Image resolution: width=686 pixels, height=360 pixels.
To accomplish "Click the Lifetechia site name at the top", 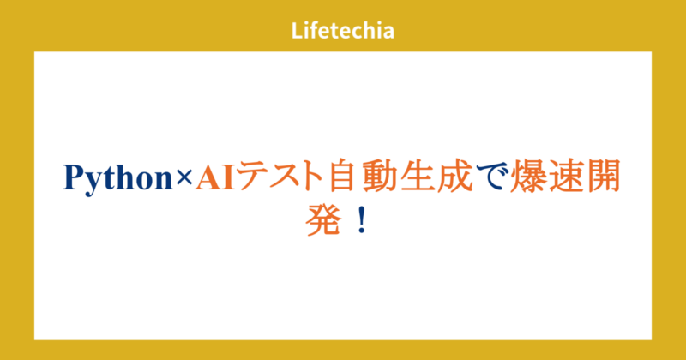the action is (x=342, y=31).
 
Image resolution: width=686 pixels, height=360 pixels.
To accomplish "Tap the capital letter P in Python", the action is (x=74, y=177).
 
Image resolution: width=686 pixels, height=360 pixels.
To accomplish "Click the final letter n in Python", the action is (x=164, y=181).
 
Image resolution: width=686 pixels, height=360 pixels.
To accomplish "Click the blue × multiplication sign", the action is (x=184, y=177).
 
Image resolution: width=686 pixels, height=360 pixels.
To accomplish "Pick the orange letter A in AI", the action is (x=208, y=177).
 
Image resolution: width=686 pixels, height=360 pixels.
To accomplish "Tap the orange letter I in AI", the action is (x=229, y=177).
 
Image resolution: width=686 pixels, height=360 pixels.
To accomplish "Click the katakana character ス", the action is (x=284, y=177).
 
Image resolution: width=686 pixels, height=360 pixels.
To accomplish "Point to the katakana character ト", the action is (x=312, y=177).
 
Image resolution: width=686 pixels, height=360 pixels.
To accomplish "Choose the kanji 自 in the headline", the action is (x=342, y=177).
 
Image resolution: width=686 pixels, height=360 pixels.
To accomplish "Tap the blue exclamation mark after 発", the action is (x=362, y=222).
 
